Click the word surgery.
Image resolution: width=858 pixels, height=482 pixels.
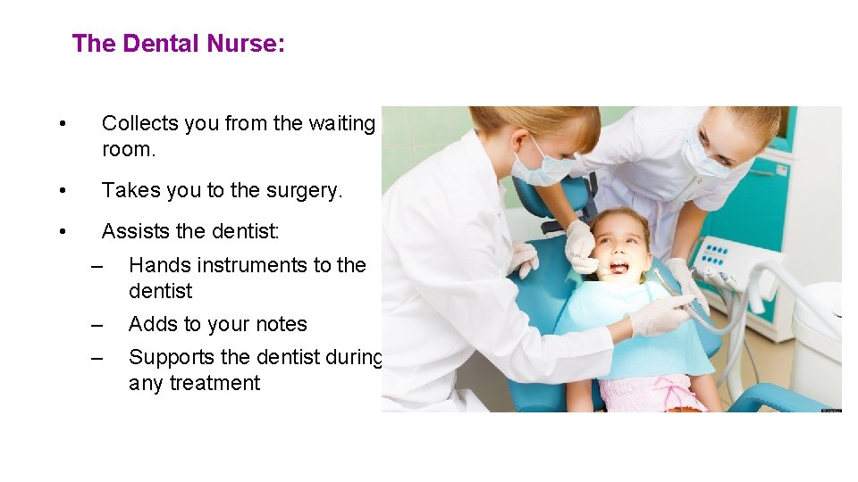(302, 191)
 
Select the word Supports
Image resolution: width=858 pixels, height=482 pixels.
(171, 357)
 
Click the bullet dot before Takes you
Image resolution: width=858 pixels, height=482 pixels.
(60, 191)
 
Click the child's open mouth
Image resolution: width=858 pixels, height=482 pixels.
(618, 266)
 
